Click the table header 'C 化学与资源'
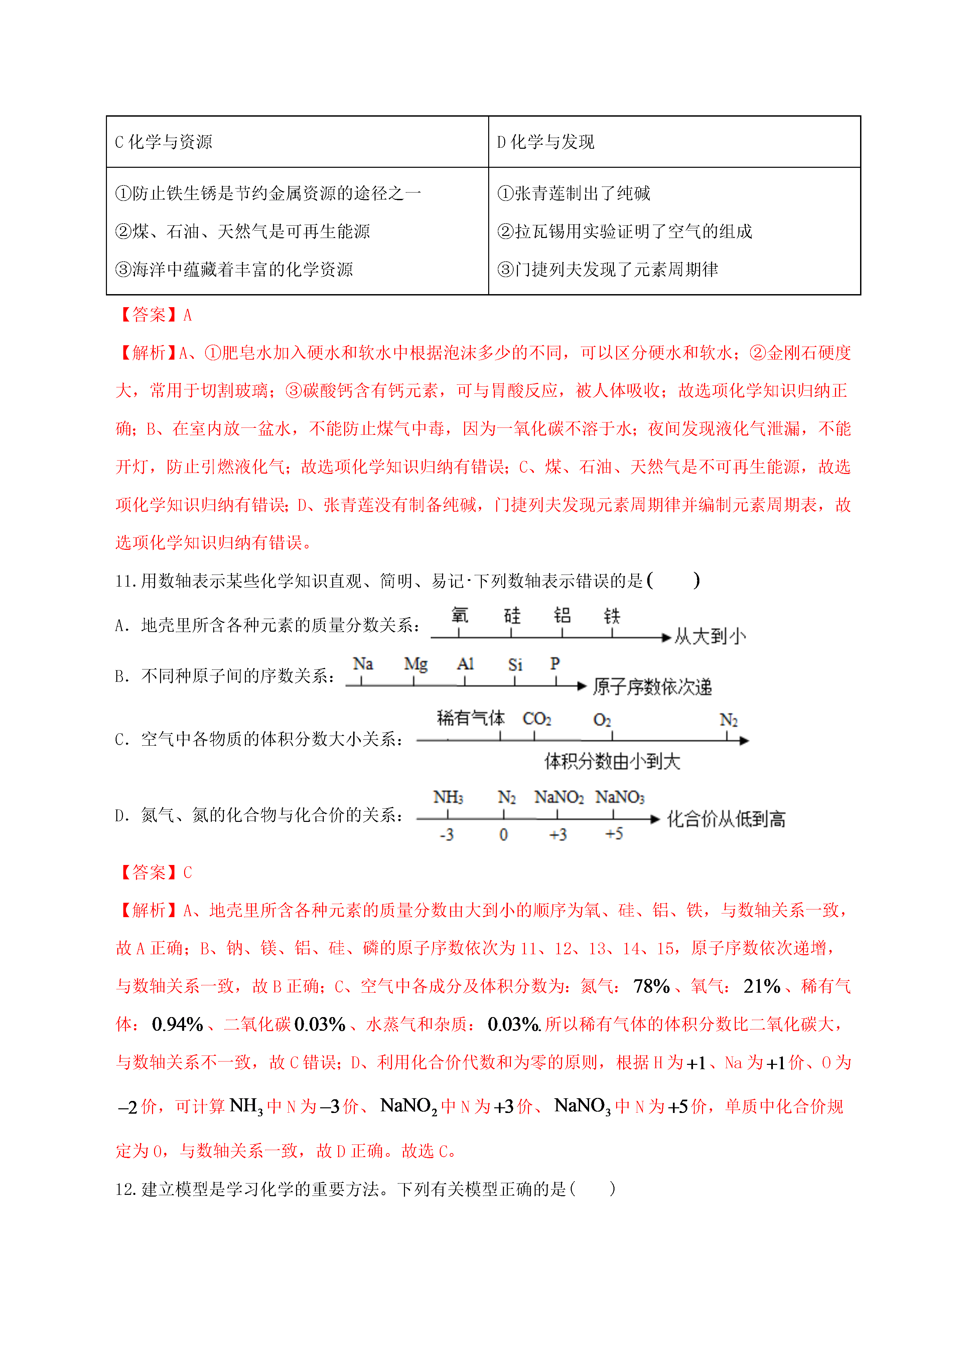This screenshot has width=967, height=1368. pos(163,142)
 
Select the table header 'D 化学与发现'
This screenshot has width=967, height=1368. pos(545,142)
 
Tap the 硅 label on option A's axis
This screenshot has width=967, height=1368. pos(512,615)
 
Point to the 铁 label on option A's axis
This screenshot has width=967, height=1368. pos(612,615)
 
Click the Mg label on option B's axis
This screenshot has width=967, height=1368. pos(415,664)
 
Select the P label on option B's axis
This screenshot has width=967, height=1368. pos(555,663)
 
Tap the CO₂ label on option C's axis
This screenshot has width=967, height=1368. pos(537,719)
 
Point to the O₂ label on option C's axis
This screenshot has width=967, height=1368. pos(602,720)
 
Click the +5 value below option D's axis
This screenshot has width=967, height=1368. pos(614,834)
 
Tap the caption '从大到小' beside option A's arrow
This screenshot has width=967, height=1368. pos(710,636)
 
